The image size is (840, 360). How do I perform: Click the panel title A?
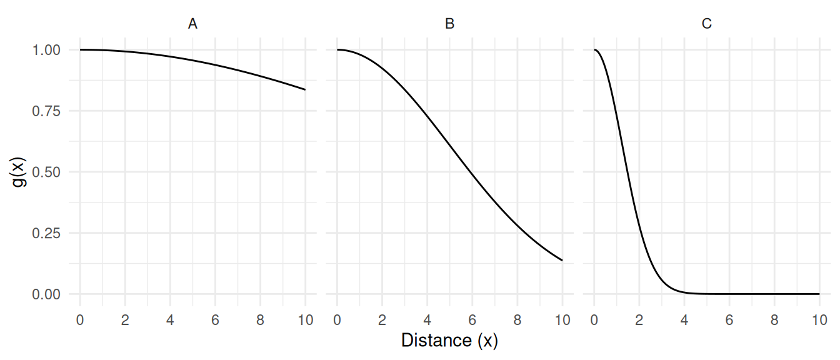(x=192, y=24)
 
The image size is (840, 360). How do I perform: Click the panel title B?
(x=449, y=24)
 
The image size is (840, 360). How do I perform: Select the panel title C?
(x=707, y=24)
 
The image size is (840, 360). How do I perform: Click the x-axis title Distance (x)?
(x=449, y=341)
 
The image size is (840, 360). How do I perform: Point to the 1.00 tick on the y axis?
(x=47, y=50)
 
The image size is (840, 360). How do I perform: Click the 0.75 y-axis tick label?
(x=47, y=111)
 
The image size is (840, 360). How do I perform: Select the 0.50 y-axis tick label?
(x=47, y=172)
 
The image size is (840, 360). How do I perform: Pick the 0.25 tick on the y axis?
(x=47, y=233)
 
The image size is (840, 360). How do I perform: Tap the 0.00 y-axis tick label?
(x=47, y=294)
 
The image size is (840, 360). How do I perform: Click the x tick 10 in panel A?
(x=305, y=320)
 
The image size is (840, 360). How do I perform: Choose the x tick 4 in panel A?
(x=170, y=320)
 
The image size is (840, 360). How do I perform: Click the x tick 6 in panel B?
(x=472, y=320)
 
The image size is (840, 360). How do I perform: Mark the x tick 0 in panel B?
(x=337, y=320)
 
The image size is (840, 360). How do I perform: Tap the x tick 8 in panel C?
(x=774, y=320)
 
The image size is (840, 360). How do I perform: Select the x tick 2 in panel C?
(x=639, y=320)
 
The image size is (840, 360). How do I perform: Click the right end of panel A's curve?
(x=305, y=90)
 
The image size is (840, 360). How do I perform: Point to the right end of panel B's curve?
(x=562, y=260)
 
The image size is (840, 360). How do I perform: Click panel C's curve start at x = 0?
(x=594, y=49)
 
